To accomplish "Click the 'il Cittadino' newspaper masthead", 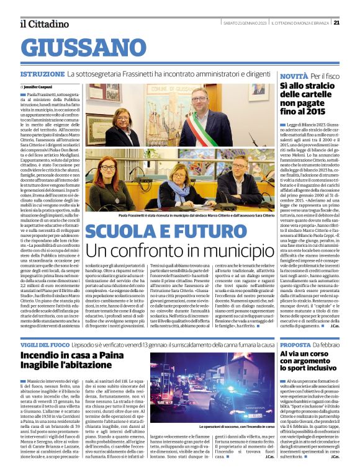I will [x=44, y=24].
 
